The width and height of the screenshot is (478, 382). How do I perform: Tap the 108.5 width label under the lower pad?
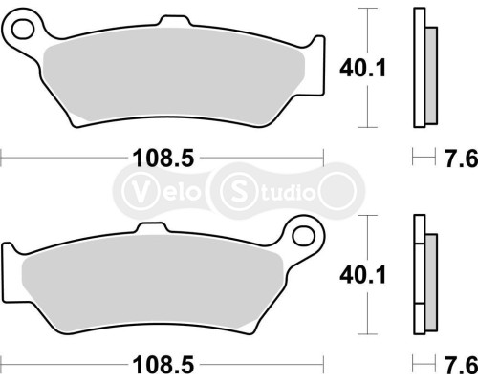163,365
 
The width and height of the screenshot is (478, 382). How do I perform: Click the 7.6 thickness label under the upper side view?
451,159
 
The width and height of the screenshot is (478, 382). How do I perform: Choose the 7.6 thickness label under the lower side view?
451,365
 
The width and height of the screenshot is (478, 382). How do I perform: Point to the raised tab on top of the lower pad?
149,230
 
